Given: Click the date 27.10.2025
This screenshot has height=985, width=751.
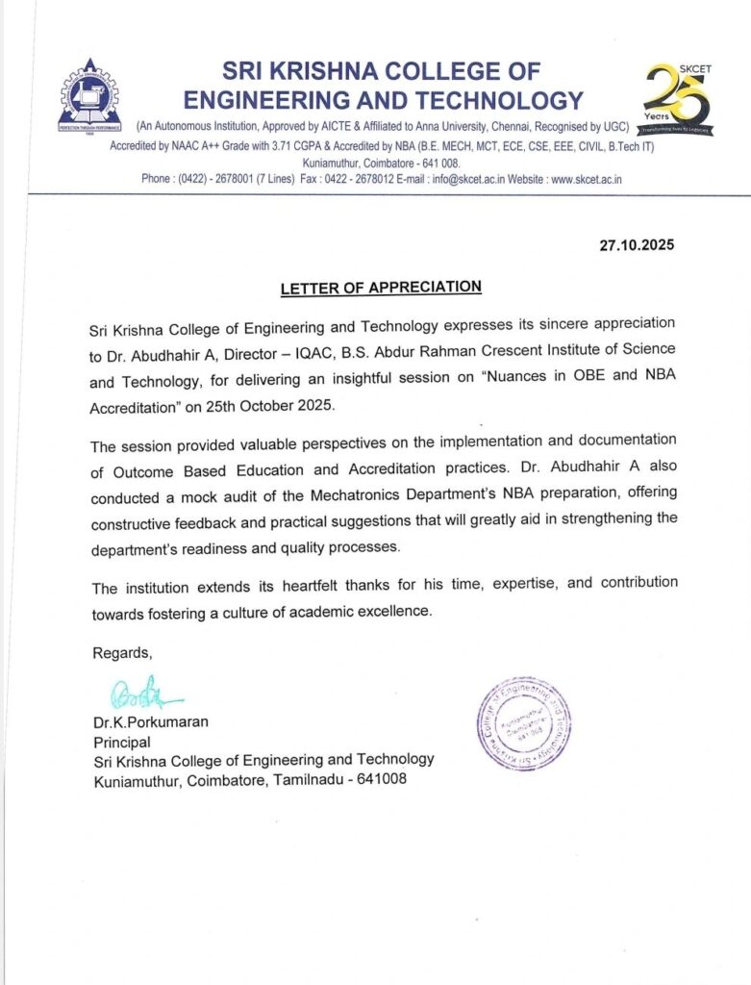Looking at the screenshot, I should pyautogui.click(x=637, y=245).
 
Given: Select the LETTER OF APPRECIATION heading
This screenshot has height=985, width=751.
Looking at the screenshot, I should pyautogui.click(x=381, y=288).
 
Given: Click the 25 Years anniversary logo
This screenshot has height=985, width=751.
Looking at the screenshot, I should pyautogui.click(x=677, y=99).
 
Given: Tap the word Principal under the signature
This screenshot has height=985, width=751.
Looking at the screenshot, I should pyautogui.click(x=121, y=742).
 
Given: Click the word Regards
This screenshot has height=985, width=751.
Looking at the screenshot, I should pyautogui.click(x=122, y=653).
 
